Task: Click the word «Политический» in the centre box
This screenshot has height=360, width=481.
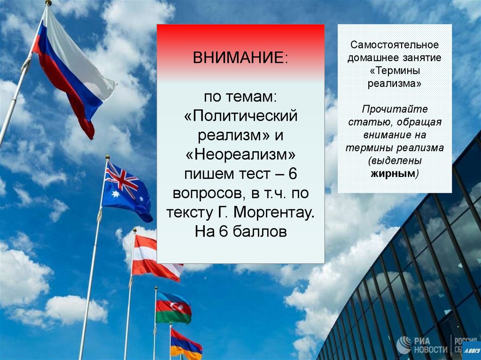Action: point(240,115)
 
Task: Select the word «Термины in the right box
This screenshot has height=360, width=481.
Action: point(395,70)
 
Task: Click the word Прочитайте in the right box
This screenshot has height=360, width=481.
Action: point(395,109)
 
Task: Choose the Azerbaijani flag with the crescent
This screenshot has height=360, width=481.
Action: point(173,307)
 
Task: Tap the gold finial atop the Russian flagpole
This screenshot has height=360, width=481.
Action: point(48,3)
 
